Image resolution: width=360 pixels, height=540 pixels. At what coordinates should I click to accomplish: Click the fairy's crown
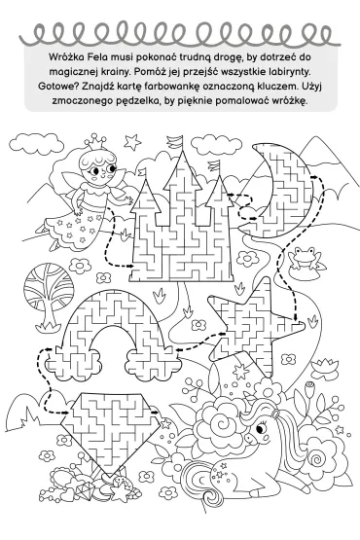[95, 141]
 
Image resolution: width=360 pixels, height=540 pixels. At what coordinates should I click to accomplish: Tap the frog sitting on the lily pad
[304, 257]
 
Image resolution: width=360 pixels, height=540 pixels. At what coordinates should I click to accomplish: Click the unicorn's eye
[261, 428]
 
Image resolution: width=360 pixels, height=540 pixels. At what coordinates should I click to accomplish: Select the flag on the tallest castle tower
[175, 141]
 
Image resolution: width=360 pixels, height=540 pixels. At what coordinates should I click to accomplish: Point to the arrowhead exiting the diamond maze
[157, 412]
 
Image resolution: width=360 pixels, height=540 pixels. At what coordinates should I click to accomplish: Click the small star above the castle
[132, 142]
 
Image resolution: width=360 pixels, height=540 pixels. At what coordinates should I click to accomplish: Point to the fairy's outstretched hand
[128, 200]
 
